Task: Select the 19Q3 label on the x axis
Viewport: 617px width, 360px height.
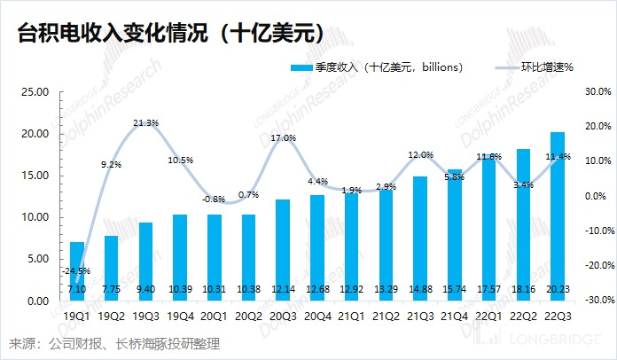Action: (145, 315)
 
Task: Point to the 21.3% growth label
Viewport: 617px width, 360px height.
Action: (145, 122)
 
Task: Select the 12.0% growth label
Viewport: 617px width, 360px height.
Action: (418, 155)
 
